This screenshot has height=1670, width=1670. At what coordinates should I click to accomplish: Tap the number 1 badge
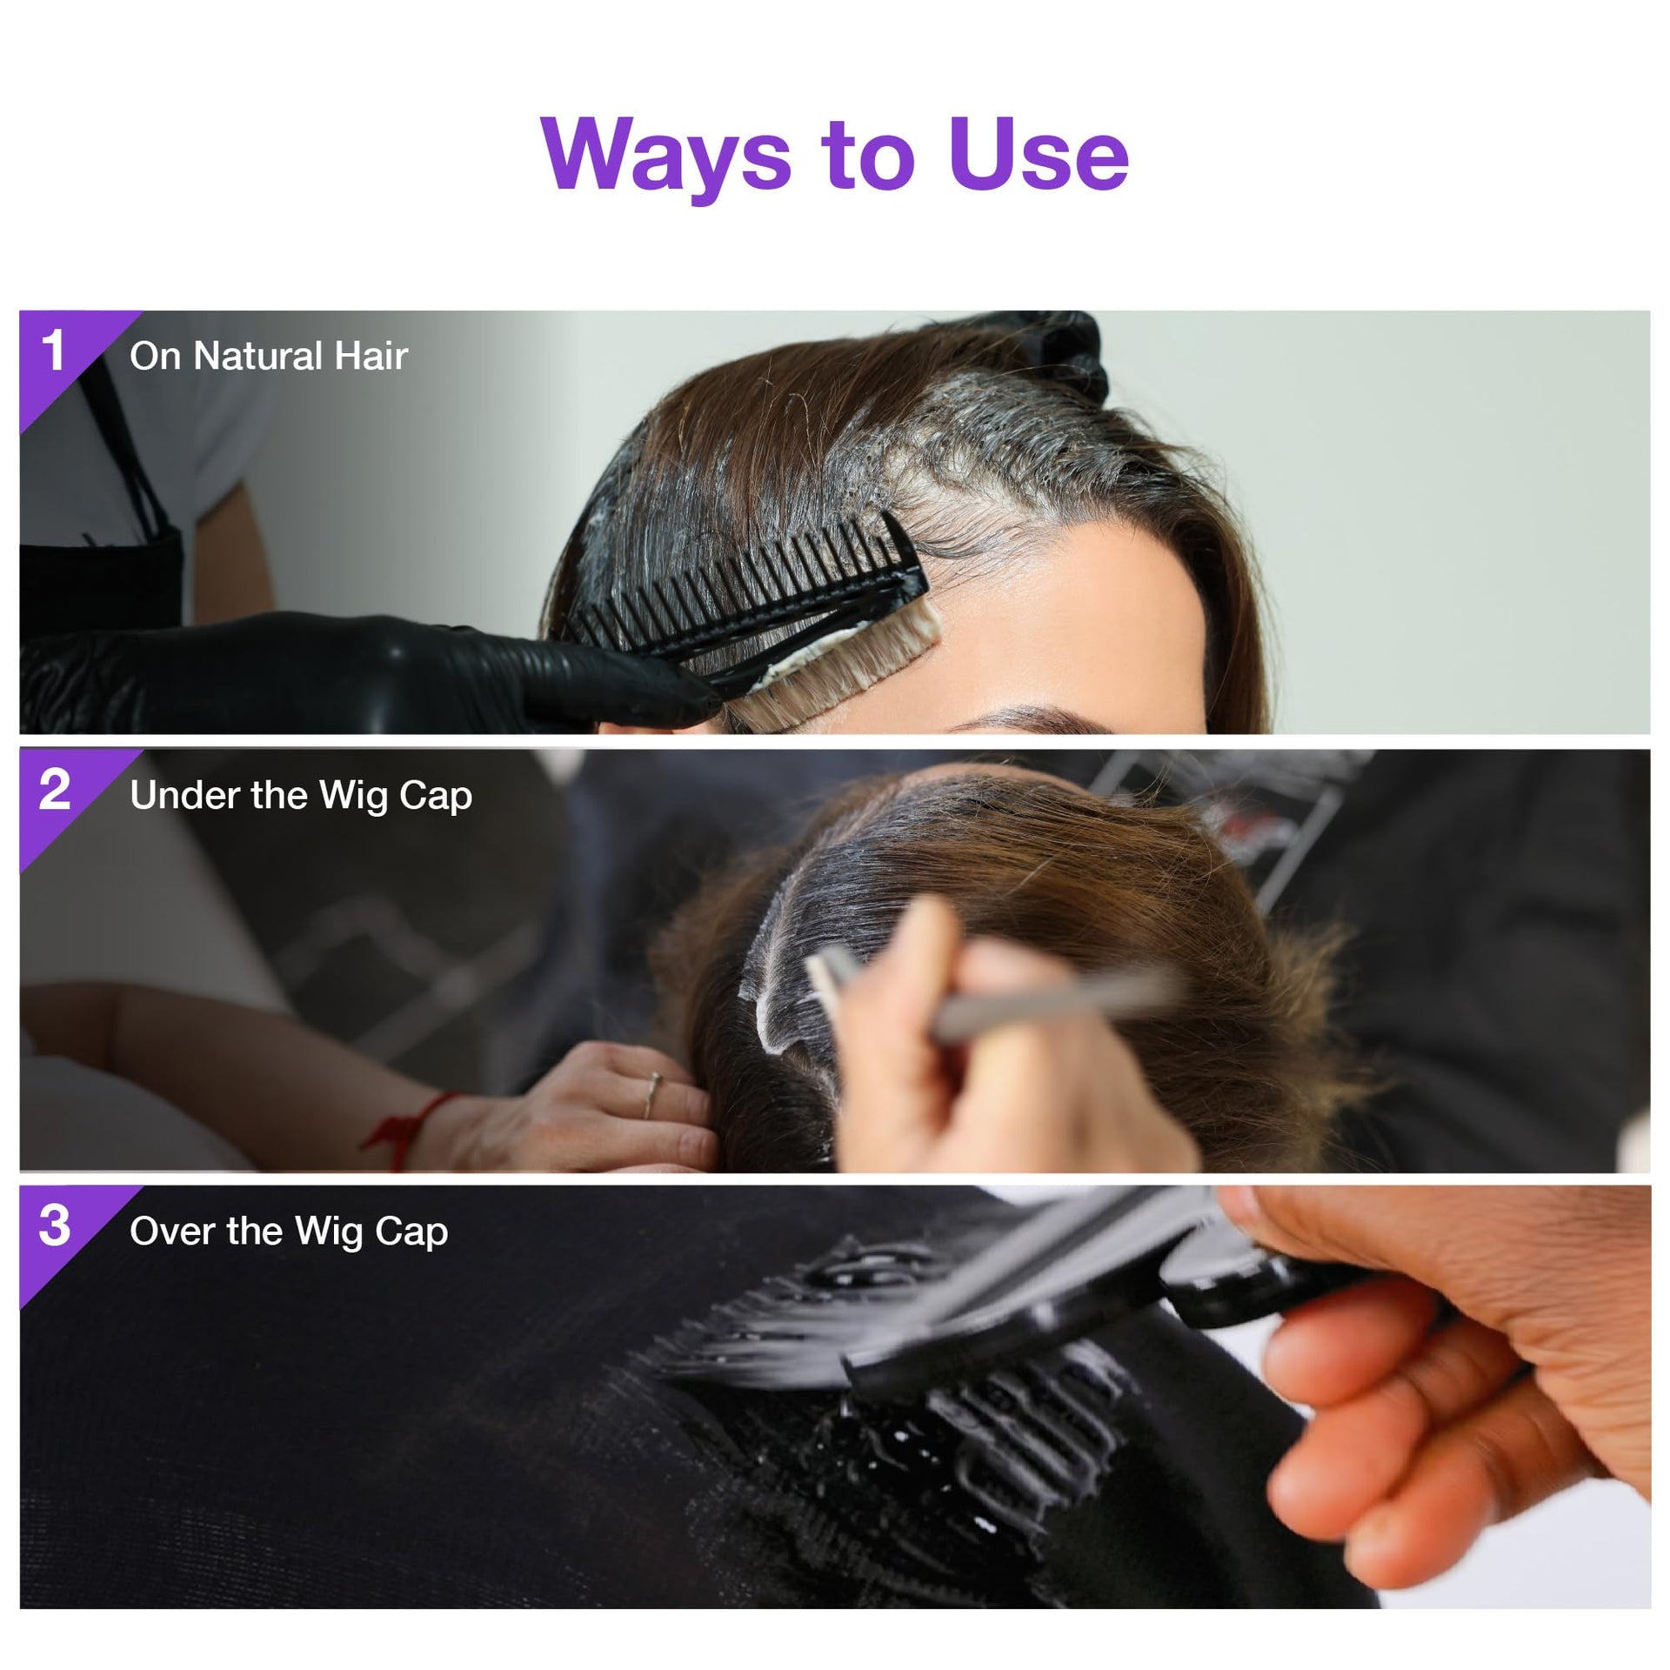(x=54, y=351)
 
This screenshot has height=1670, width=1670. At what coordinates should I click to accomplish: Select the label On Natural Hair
(x=269, y=356)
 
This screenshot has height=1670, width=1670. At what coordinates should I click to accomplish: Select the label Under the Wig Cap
(x=301, y=796)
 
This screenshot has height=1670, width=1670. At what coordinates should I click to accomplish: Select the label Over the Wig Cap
(x=289, y=1232)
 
